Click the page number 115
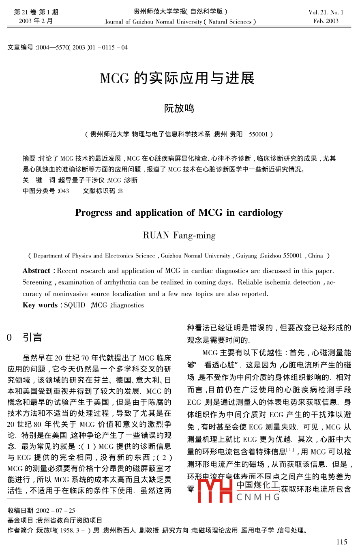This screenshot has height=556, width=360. [342, 542]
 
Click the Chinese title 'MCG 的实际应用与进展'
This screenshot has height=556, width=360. [177, 78]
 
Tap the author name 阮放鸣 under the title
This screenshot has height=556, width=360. [179, 108]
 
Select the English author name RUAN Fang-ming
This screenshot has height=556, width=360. [179, 235]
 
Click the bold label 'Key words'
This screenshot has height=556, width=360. [40, 305]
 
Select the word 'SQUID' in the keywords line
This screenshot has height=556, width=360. [75, 305]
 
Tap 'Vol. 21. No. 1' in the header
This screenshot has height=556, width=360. [326, 12]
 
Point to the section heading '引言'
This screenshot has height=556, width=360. [32, 337]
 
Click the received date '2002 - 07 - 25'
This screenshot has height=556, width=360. [56, 511]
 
